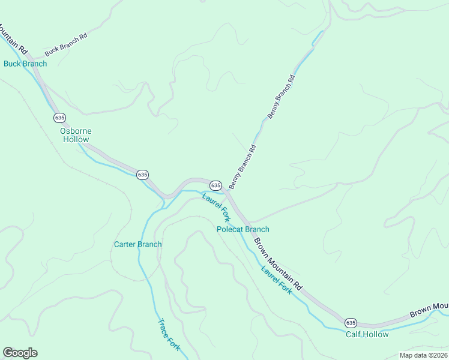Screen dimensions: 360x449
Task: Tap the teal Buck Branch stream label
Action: click(x=25, y=64)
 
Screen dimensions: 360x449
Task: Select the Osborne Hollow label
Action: click(x=76, y=135)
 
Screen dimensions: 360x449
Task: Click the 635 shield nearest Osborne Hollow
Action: click(x=59, y=117)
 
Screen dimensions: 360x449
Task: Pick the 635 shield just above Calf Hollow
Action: click(x=351, y=322)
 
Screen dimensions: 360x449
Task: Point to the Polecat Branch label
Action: click(x=243, y=229)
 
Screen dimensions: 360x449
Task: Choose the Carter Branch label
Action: click(x=137, y=244)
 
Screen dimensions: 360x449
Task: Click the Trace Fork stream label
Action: click(x=169, y=334)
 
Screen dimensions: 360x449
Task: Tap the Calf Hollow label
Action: click(x=367, y=334)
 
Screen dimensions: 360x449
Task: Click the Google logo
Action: click(x=20, y=353)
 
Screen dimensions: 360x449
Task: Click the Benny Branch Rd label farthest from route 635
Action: click(x=282, y=96)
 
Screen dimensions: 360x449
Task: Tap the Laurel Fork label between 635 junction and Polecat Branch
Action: click(x=216, y=207)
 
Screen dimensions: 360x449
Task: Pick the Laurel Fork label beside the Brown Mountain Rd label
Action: click(x=276, y=280)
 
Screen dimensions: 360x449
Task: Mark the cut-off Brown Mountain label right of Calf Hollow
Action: click(x=429, y=310)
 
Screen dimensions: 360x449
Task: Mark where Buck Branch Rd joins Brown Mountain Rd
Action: click(x=32, y=64)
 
